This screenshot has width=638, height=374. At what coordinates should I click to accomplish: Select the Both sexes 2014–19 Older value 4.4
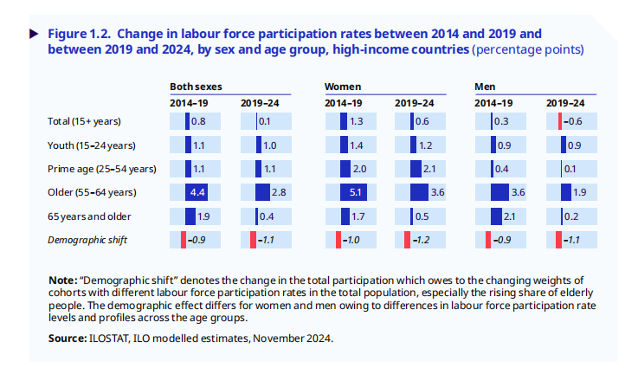pos(197,191)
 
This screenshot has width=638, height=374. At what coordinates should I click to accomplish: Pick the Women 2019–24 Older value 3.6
pos(436,191)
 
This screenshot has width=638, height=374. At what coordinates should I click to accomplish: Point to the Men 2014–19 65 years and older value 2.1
pos(509,215)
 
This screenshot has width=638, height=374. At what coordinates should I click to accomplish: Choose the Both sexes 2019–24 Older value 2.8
pos(278,191)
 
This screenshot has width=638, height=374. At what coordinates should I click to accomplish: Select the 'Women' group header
pos(343,87)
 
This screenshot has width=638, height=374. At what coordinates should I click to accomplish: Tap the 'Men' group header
pos(485,87)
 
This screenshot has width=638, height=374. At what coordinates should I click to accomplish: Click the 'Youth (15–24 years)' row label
pos(92,145)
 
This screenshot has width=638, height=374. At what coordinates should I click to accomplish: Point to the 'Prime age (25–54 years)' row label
pos(101,168)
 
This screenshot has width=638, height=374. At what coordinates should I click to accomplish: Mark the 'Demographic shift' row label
pos(88,239)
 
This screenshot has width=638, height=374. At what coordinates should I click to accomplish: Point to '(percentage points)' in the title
pos(527,49)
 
